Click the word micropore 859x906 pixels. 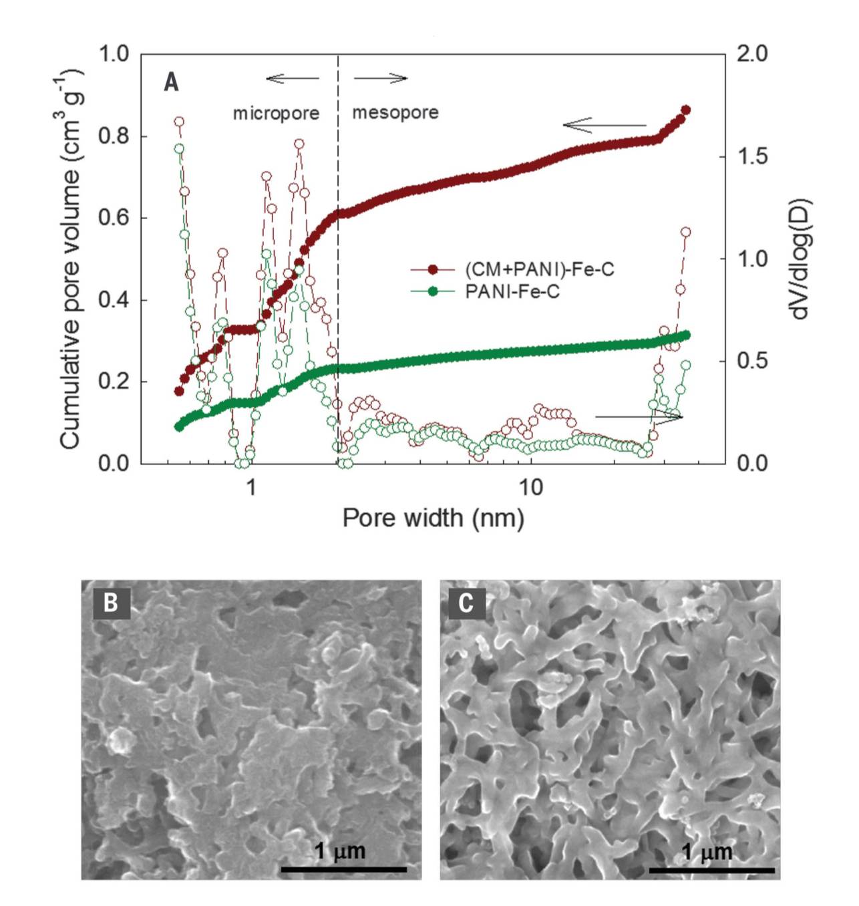click(x=276, y=113)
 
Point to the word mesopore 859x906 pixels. click(x=395, y=112)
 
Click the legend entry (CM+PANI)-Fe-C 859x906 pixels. click(x=539, y=270)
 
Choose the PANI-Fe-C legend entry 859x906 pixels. click(x=512, y=291)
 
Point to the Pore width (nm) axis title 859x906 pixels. click(x=433, y=518)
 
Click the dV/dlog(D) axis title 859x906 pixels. click(x=799, y=258)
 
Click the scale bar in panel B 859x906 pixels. click(x=343, y=869)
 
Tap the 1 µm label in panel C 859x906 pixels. click(x=707, y=852)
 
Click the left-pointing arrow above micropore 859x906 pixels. click(x=292, y=79)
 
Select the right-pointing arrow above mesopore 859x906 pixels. click(x=381, y=79)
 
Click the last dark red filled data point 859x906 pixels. click(x=685, y=110)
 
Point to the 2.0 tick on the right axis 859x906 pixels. click(x=751, y=53)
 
